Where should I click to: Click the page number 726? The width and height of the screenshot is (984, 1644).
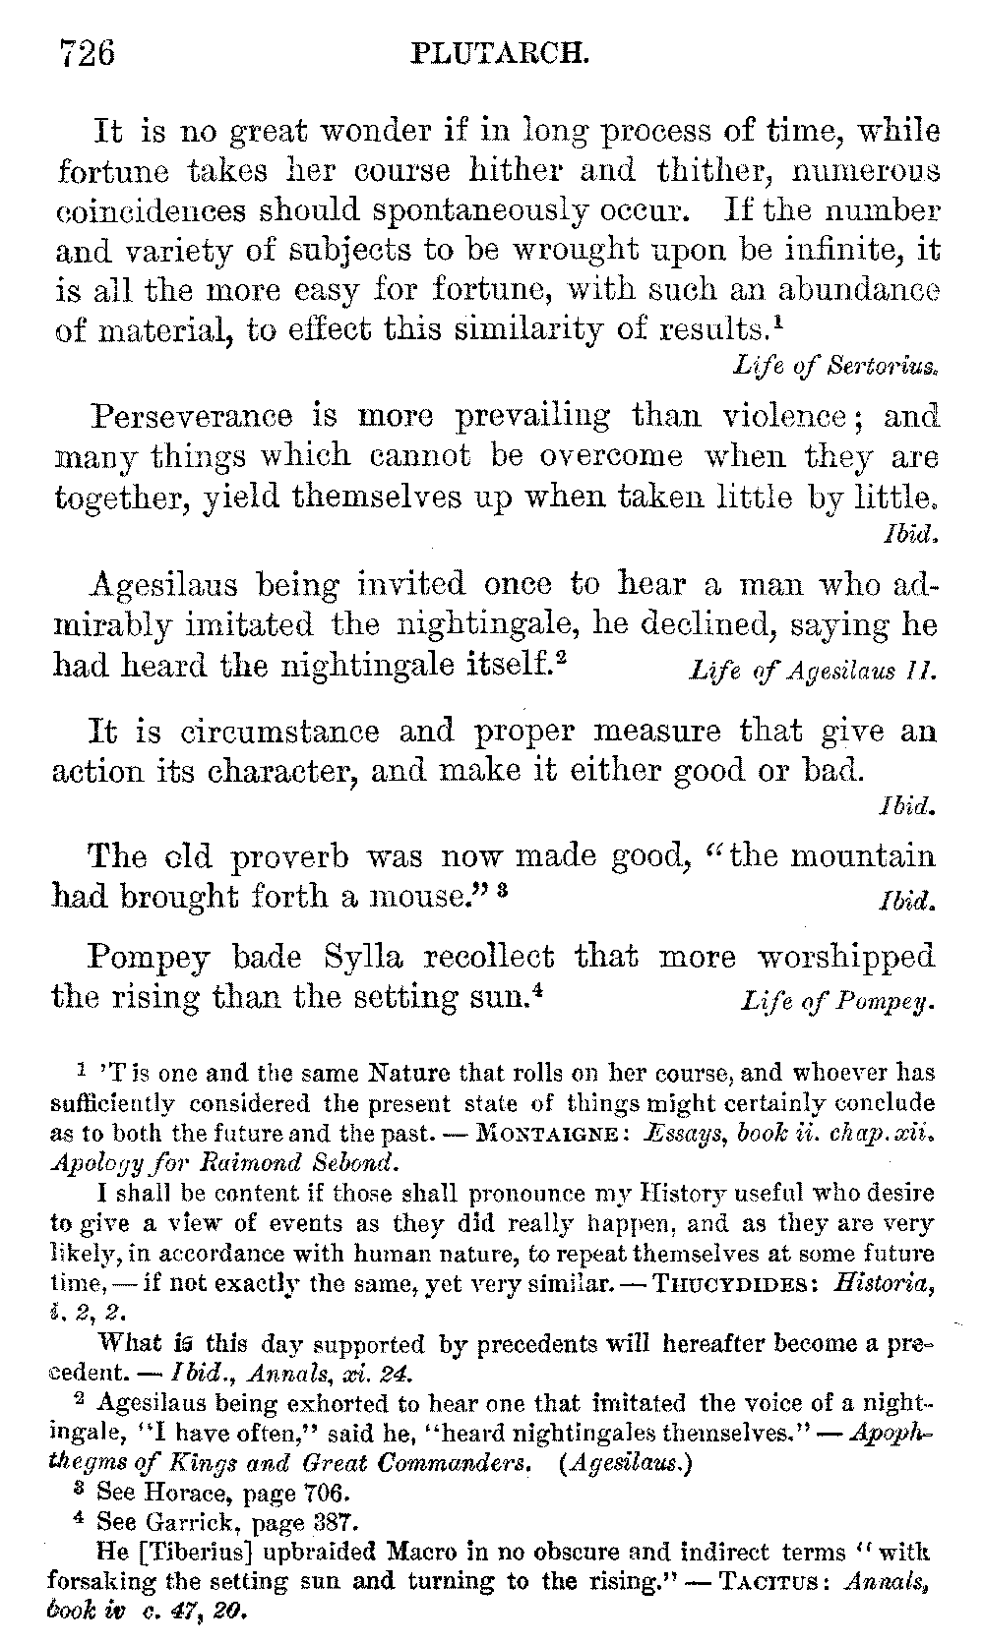pyautogui.click(x=88, y=51)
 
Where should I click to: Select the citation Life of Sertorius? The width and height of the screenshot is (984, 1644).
pyautogui.click(x=836, y=367)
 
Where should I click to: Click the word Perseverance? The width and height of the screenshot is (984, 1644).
pyautogui.click(x=192, y=416)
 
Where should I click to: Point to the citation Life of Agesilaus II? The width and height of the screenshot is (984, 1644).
pyautogui.click(x=813, y=672)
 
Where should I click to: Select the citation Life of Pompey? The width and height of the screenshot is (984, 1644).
pyautogui.click(x=836, y=1002)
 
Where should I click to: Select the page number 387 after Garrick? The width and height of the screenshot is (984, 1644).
pyautogui.click(x=322, y=1523)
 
